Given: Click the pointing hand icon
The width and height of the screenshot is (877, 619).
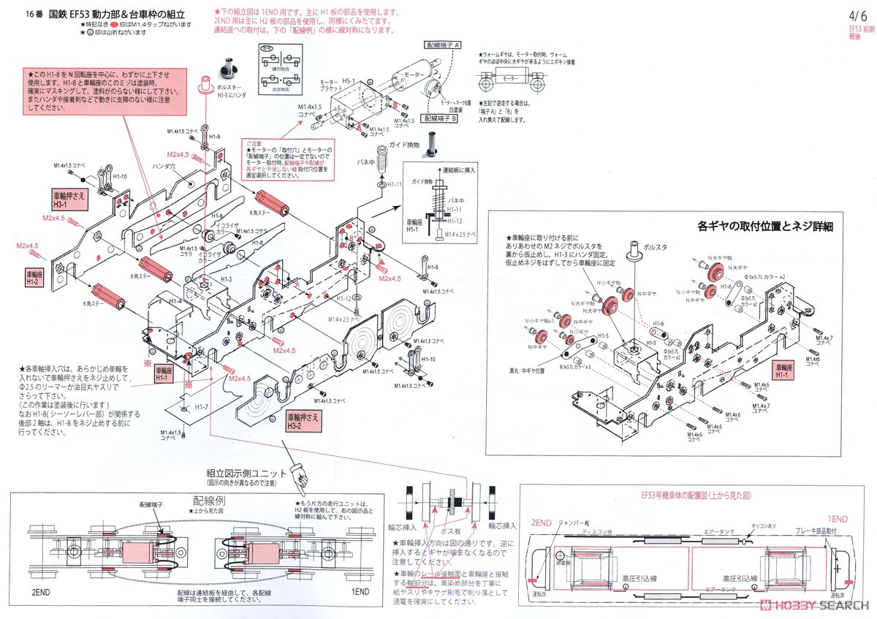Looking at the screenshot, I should click(x=299, y=471).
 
